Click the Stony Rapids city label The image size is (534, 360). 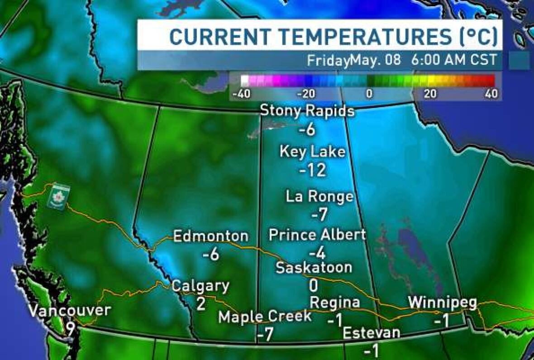307,111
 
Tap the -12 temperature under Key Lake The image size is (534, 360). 313,170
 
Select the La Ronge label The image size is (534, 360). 319,197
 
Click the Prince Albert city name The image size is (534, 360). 317,235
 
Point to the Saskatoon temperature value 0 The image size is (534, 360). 313,286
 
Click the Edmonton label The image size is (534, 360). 211,236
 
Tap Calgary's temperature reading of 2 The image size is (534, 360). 201,303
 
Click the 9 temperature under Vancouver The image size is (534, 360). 71,329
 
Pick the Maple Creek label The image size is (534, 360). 265,317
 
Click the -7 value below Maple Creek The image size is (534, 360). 266,335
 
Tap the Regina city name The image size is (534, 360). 335,302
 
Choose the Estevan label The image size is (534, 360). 372,333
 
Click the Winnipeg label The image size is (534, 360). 442,302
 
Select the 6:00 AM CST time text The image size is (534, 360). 454,60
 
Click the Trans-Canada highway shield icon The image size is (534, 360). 59,196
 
